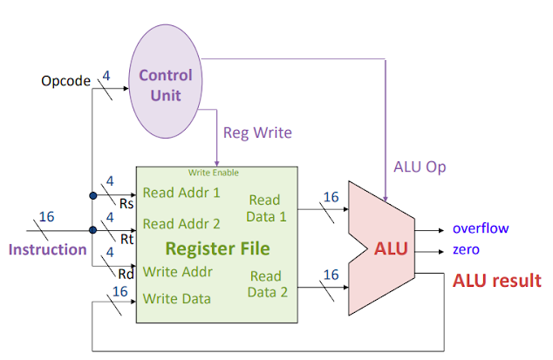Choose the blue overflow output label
pyautogui.click(x=481, y=229)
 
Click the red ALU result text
pyautogui.click(x=496, y=281)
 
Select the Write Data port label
pyautogui.click(x=176, y=298)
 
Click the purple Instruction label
pyautogui.click(x=48, y=249)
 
